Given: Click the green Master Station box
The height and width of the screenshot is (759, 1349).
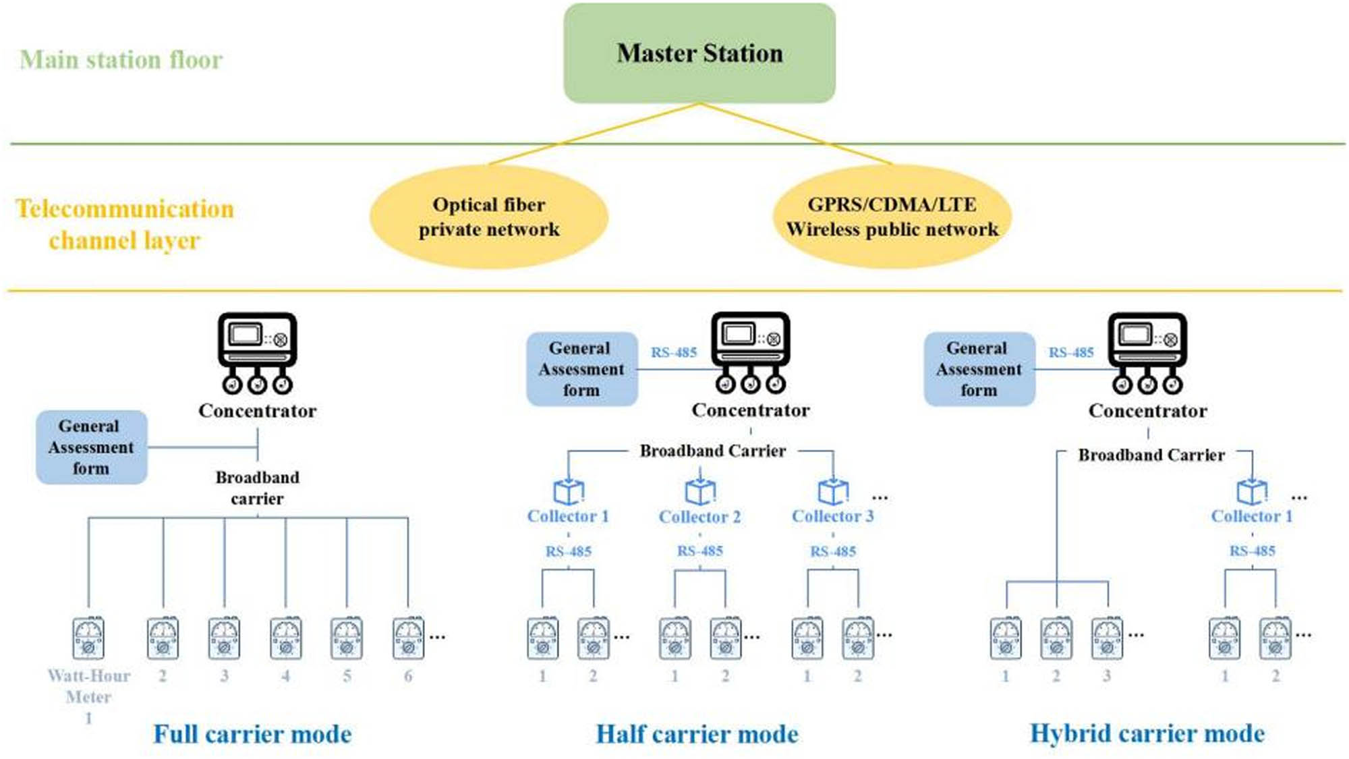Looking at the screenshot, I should point(699,53).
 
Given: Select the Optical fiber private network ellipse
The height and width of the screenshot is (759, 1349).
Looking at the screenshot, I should point(489,217).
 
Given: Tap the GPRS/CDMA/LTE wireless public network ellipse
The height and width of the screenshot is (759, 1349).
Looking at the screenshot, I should point(892,217).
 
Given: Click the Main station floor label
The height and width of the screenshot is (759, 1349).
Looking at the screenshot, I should point(121,60).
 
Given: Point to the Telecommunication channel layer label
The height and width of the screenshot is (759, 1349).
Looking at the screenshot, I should point(125,224).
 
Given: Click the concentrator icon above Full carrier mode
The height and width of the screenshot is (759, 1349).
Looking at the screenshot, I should point(257,352).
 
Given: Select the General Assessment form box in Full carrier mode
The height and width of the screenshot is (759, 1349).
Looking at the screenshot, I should point(91,447).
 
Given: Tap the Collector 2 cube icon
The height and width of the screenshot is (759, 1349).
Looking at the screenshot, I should point(700,490).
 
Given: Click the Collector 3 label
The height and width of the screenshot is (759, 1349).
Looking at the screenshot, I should point(832,516).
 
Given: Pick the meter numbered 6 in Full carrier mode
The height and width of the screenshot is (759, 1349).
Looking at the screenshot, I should point(408,638).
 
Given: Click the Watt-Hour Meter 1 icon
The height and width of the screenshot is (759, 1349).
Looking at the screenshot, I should point(88,638).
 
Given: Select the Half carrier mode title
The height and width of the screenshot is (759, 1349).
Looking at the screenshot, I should point(697,734).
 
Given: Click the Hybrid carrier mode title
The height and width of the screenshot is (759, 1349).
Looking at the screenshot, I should point(1147,733).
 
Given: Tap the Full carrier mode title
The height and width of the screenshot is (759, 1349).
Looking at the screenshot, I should point(252,734).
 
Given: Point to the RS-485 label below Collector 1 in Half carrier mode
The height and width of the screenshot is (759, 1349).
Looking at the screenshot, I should point(568,551).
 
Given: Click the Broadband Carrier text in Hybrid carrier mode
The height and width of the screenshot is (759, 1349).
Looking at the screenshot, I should point(1151,455).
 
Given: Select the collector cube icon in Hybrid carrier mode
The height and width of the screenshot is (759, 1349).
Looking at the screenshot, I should point(1252,490).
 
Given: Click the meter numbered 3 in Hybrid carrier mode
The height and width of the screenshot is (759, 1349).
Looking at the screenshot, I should point(1107,638).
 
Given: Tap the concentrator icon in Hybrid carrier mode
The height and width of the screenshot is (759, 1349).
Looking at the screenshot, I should point(1147,352).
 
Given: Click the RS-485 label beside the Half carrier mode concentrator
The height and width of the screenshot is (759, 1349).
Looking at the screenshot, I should point(673,352).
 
